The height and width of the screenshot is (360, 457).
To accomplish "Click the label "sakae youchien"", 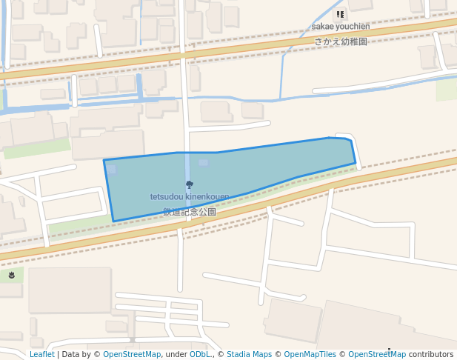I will click(x=340, y=27).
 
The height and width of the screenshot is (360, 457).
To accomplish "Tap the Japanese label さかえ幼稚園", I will click(x=340, y=41).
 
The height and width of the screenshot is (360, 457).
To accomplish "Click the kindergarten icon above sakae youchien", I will click(x=340, y=14).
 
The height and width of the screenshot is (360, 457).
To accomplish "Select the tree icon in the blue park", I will click(x=190, y=184).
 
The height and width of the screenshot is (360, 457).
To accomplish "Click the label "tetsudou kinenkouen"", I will click(x=190, y=197).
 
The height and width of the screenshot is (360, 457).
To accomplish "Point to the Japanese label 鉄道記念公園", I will click(x=190, y=212).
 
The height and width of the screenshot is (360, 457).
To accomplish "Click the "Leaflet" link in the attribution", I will click(x=41, y=354).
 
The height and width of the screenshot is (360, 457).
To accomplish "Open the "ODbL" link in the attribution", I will click(x=200, y=354).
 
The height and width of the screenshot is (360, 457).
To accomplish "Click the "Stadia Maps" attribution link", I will click(x=249, y=354).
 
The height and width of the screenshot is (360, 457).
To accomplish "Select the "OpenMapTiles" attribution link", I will click(x=310, y=354).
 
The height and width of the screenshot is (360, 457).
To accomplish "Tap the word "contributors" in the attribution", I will click(x=431, y=354).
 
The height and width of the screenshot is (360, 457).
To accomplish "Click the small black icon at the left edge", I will click(x=12, y=275).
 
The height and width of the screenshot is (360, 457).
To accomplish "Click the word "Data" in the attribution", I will click(x=70, y=354).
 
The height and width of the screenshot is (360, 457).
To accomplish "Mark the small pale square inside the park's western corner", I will click(x=111, y=170).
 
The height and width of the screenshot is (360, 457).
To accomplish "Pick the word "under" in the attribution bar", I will click(x=176, y=354).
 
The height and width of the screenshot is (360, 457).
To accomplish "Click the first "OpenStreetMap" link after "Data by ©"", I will click(x=131, y=354).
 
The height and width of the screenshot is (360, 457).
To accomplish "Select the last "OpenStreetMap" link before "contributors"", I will click(x=377, y=354).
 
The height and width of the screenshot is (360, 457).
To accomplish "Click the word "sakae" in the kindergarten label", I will click(x=321, y=27).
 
